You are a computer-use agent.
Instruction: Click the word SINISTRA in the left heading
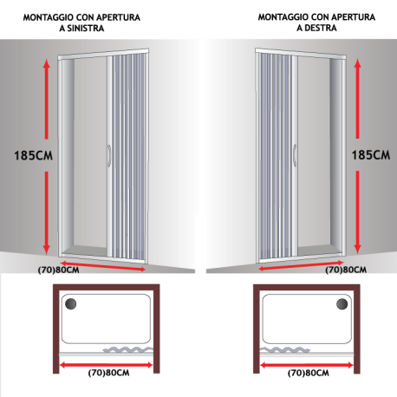click(86, 29)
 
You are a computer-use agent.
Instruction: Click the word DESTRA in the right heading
click(321, 28)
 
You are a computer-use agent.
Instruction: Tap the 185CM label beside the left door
click(34, 155)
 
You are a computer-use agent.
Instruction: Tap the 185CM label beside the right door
click(371, 155)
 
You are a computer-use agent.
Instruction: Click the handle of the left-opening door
click(109, 156)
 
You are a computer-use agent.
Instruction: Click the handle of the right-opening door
click(295, 155)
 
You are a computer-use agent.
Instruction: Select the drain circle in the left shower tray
click(71, 304)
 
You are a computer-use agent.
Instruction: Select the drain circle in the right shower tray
click(342, 304)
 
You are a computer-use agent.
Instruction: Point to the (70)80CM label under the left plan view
click(108, 373)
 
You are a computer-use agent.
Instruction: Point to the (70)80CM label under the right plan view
click(309, 373)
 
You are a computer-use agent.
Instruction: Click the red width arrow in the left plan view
click(106, 365)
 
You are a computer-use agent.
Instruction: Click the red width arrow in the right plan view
click(307, 366)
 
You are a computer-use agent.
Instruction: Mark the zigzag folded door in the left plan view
click(127, 349)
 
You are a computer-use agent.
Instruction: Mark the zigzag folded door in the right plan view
click(285, 350)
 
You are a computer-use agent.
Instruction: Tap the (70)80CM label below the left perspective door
click(58, 270)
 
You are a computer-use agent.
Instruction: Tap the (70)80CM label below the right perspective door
click(346, 270)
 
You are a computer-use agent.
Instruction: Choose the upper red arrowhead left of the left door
click(47, 62)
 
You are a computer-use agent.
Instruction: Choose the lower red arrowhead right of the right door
click(358, 249)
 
